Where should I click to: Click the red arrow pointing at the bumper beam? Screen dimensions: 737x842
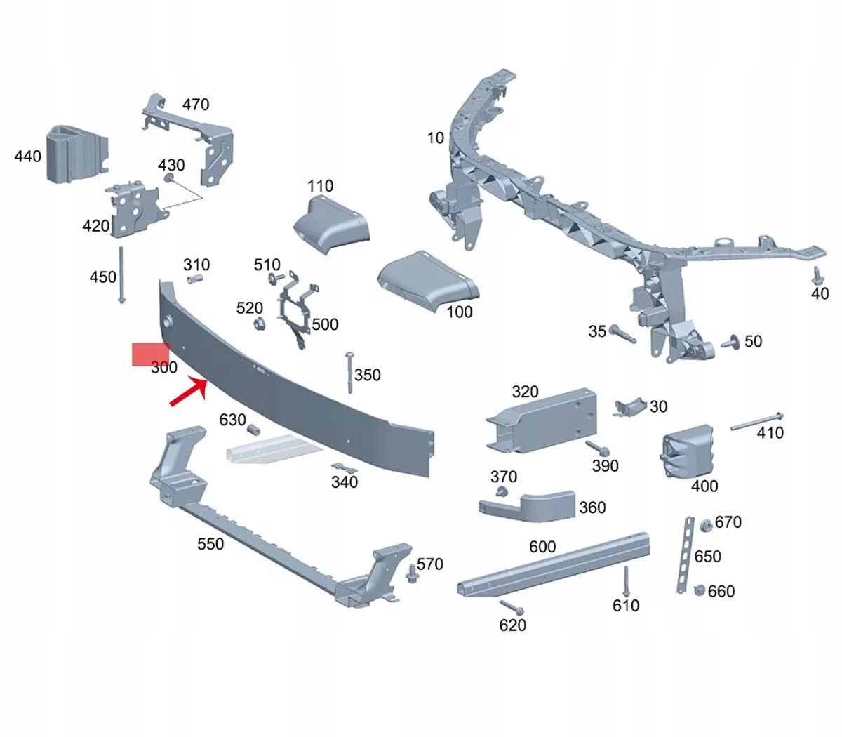188,392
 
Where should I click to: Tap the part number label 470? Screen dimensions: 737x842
196,105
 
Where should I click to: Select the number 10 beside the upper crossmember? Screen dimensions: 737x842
436,138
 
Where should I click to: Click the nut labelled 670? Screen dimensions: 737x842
706,524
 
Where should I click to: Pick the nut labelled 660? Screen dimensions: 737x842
700,590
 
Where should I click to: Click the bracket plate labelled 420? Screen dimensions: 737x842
131,209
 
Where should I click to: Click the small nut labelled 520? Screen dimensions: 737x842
259,324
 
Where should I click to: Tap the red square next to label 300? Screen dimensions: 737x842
150,354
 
